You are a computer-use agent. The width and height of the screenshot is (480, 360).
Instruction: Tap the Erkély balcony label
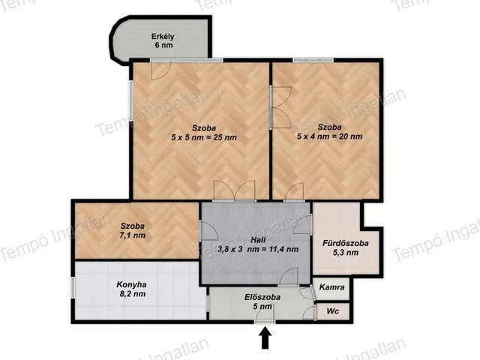click(x=163, y=37)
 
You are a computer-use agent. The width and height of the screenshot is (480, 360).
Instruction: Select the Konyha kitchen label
click(x=131, y=285)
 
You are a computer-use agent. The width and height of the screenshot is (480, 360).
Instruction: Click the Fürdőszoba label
click(x=345, y=243)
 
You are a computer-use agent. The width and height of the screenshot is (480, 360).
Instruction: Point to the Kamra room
click(x=331, y=288)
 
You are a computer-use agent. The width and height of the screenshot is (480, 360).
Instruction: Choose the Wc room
click(x=333, y=311)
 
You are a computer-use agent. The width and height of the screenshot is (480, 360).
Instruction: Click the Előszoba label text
click(x=262, y=297)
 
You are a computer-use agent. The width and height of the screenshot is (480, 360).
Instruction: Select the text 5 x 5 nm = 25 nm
click(x=204, y=137)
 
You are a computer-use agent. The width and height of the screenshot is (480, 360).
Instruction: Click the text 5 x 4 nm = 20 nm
click(x=330, y=136)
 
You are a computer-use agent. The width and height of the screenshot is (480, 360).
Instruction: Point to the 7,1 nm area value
click(x=133, y=235)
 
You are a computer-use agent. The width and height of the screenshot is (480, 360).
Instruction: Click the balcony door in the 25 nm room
click(x=161, y=70)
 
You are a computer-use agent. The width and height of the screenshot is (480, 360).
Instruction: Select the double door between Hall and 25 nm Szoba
click(x=235, y=190)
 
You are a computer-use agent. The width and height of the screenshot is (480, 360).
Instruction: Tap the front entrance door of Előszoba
click(x=264, y=315)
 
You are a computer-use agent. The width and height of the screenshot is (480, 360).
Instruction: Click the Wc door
click(x=310, y=313)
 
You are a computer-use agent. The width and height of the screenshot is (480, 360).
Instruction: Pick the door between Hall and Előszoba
click(x=289, y=277)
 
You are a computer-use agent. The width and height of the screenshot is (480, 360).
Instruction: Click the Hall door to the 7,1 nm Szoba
click(x=208, y=231)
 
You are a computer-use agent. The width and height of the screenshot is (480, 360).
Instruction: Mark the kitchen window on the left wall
click(x=73, y=287)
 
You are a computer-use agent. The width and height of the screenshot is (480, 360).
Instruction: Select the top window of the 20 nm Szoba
click(x=313, y=60)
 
